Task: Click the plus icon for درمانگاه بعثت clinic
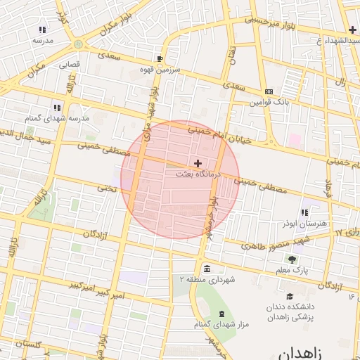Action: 198,162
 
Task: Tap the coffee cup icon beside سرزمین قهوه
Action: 160,58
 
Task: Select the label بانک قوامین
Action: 269,102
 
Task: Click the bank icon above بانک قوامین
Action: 269,91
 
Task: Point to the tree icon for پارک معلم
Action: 292,259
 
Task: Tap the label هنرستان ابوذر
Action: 304,222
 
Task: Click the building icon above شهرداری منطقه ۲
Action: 207,269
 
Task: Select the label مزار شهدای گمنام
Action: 221,324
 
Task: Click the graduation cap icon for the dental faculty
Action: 289,296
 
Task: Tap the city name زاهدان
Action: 304,351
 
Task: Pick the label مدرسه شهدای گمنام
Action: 58,118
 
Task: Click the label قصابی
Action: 68,63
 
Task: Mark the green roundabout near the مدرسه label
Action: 77,44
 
